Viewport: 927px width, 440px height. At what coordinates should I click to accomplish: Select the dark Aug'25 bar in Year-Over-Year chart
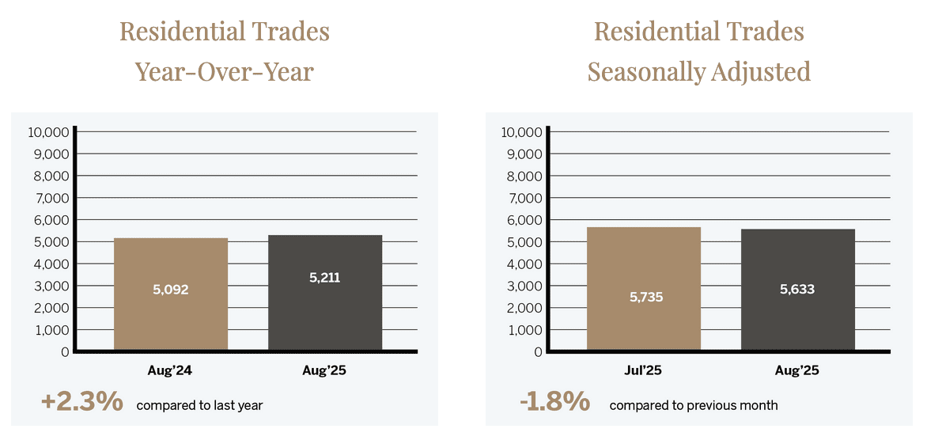click(x=325, y=317)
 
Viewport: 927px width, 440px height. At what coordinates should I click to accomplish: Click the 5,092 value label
click(x=171, y=290)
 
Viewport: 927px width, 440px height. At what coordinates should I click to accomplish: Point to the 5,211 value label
click(x=325, y=278)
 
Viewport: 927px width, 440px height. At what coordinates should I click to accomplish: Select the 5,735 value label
click(x=644, y=298)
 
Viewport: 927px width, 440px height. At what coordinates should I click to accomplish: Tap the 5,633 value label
click(x=797, y=289)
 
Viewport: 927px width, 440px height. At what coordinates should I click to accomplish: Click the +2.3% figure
click(x=82, y=402)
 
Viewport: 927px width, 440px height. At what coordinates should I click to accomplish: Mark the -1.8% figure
click(x=554, y=402)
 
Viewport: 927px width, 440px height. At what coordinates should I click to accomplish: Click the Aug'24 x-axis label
click(x=171, y=370)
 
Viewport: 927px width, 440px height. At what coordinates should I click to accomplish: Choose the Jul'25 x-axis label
click(x=644, y=370)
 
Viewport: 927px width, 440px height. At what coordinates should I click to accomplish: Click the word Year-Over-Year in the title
click(x=225, y=72)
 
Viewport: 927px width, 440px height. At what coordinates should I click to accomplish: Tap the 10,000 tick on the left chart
click(x=49, y=132)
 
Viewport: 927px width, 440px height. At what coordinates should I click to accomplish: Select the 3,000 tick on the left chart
click(x=52, y=286)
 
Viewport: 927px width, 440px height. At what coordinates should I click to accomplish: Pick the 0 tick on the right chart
click(x=538, y=351)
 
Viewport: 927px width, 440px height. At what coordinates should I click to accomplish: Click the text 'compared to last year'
click(x=199, y=405)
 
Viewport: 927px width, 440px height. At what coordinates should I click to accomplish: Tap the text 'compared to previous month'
click(x=694, y=405)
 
